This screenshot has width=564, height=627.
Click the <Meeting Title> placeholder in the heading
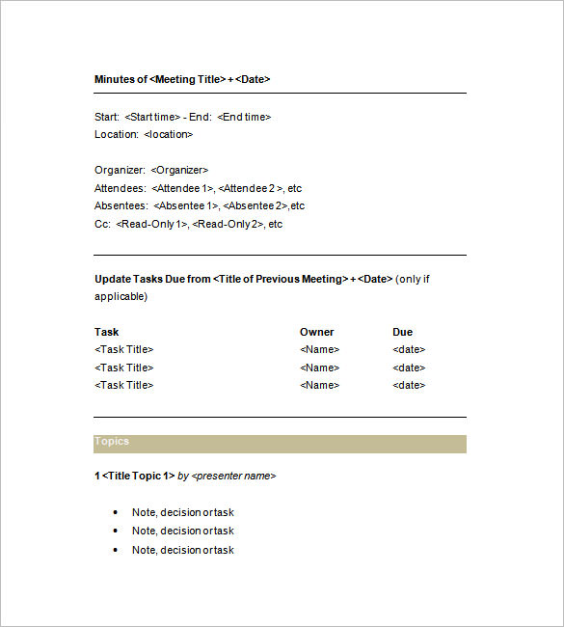click(188, 79)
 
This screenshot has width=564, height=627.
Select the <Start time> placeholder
click(152, 117)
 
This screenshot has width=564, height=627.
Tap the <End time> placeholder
click(244, 117)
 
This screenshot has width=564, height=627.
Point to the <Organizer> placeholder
click(179, 170)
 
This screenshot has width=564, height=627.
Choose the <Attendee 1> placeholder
click(182, 188)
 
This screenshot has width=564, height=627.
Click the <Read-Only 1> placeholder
click(151, 224)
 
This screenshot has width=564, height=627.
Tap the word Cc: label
click(102, 224)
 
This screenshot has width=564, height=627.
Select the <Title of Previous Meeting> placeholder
click(281, 279)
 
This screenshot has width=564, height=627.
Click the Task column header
click(107, 332)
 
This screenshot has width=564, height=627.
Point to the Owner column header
click(316, 332)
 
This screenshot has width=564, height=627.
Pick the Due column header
click(402, 332)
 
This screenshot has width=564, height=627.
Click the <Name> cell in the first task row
click(319, 349)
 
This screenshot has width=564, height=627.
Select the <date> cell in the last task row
click(409, 385)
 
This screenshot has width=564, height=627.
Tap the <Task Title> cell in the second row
click(123, 368)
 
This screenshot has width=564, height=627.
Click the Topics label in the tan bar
click(112, 441)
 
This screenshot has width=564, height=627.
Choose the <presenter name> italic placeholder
click(233, 476)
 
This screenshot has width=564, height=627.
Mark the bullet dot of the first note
click(116, 512)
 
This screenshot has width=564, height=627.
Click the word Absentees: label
click(121, 205)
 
